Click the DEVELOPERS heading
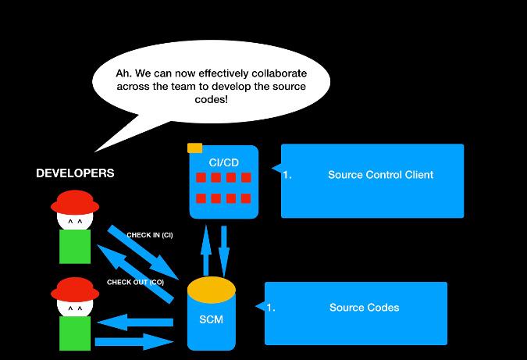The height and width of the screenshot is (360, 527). (x=75, y=173)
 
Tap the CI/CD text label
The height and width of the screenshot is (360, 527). (x=224, y=162)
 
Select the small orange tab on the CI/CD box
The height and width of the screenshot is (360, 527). (x=194, y=148)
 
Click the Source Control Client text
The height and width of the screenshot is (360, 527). (x=380, y=175)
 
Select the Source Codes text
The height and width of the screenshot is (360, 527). (x=364, y=308)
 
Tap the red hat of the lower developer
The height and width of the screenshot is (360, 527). (x=75, y=287)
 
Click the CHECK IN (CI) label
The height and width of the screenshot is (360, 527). (x=149, y=235)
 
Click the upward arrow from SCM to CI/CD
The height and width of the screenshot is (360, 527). (x=206, y=249)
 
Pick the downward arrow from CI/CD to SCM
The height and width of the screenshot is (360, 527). (x=225, y=249)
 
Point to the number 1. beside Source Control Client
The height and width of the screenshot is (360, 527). (x=287, y=175)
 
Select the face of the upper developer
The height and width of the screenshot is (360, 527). (x=75, y=223)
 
